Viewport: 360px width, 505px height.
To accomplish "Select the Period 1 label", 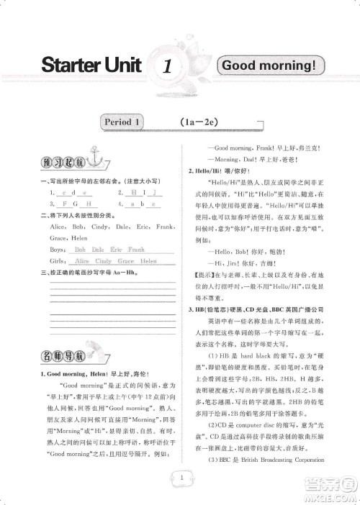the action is (120, 122).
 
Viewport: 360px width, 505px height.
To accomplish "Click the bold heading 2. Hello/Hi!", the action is (204, 171).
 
